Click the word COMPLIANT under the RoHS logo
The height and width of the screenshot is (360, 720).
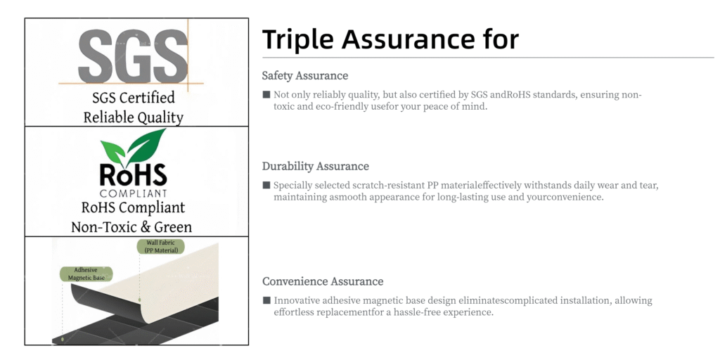[x=133, y=193]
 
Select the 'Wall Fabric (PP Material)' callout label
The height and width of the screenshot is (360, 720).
[x=161, y=247]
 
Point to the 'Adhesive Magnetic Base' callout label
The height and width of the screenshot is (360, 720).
[x=86, y=274]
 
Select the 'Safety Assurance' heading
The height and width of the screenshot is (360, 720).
[x=305, y=75]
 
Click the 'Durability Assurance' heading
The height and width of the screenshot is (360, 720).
[x=316, y=166]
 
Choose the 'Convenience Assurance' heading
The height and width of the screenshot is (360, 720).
[x=323, y=281]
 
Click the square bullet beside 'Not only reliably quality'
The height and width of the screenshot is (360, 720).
[x=266, y=95]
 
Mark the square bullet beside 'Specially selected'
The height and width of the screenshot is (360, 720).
[x=266, y=185]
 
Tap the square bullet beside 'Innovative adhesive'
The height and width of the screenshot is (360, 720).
[x=266, y=300]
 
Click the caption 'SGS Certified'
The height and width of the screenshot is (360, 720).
[x=134, y=97]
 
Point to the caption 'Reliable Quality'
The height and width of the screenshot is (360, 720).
[x=134, y=117]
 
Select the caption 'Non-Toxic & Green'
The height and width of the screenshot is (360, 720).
[x=131, y=227]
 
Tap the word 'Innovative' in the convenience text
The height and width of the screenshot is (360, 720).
[x=297, y=301]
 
